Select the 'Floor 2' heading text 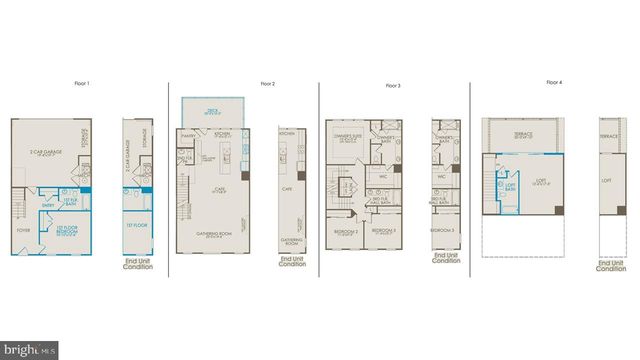(x=267, y=84)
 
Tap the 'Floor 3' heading (x=393, y=86)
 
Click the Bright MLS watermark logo (x=29, y=350)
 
